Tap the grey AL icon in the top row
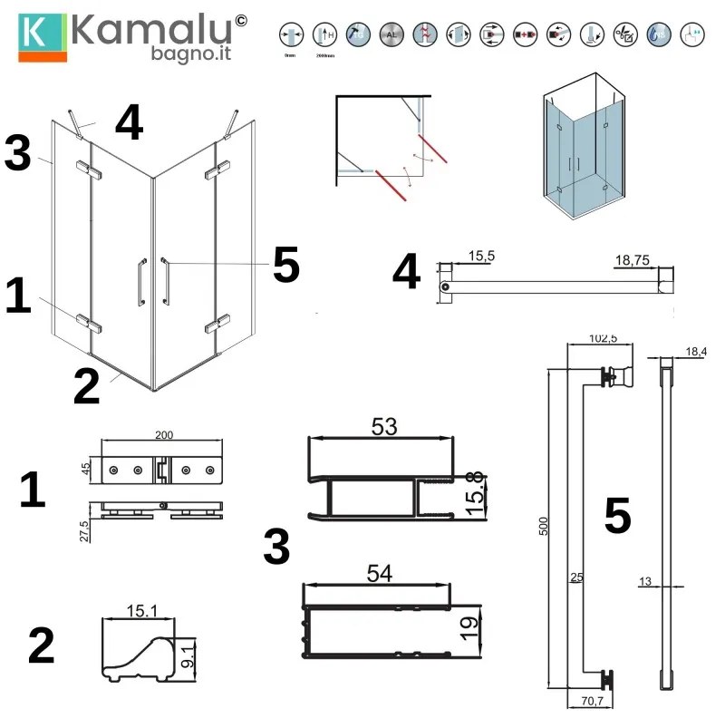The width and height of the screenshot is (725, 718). pos(391,35)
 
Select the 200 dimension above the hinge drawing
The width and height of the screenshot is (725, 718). pos(164,435)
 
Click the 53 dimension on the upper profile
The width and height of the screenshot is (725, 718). pos(384,425)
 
